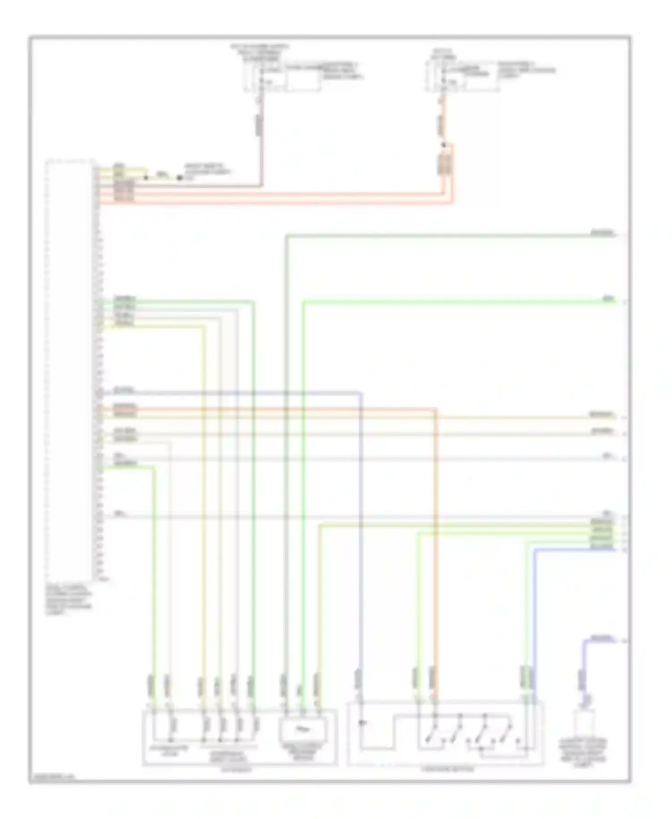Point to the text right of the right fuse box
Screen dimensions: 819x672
tap(527, 70)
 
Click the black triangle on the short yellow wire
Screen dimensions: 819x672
tap(146, 178)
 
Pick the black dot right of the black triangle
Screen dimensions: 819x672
tap(179, 178)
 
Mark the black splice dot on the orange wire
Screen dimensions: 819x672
tap(444, 145)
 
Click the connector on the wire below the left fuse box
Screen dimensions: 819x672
tap(259, 125)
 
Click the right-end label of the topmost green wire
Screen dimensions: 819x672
tap(602, 233)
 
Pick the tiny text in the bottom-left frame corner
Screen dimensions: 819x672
tap(52, 778)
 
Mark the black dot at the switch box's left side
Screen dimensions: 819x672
tap(362, 723)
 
